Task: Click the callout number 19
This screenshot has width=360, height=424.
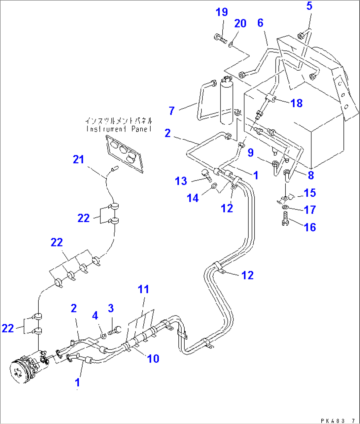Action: coord(222,12)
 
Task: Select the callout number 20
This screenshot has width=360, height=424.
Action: coord(240,23)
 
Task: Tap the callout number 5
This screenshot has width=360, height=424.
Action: coord(309,6)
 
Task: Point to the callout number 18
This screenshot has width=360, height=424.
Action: coord(297,103)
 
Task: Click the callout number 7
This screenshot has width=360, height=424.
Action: coord(171,111)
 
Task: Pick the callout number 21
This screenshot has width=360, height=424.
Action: coord(79,160)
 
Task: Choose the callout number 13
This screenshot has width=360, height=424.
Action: coord(181,181)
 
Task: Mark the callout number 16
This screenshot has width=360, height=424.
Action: coord(310,227)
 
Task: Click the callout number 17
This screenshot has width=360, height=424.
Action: coord(310,210)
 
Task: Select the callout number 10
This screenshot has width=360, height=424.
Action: coord(153,358)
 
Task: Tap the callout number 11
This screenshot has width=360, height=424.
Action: coord(143,289)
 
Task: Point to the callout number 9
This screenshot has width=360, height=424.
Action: coord(251,152)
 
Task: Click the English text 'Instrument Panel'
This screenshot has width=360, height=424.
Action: coord(119,129)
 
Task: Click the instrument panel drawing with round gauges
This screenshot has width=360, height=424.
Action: coord(125,153)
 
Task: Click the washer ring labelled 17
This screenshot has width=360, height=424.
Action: coord(285,207)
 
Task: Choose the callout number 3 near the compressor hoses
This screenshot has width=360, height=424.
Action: coord(111,309)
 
